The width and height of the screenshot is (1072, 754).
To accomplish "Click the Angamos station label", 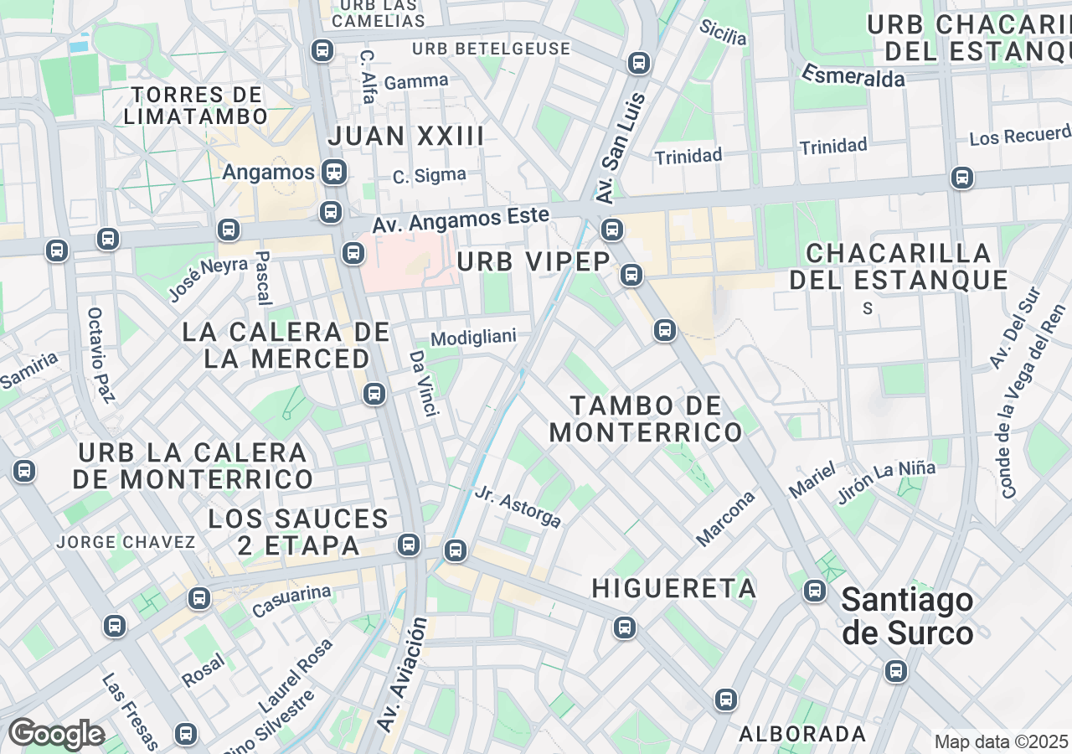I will pyautogui.click(x=268, y=173).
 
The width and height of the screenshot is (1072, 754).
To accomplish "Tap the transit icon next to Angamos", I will pyautogui.click(x=334, y=173).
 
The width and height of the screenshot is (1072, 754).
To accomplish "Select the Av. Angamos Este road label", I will pyautogui.click(x=461, y=220).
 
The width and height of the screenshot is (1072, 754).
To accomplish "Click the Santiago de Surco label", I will pyautogui.click(x=907, y=617).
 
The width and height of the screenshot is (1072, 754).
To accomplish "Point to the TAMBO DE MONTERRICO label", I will pyautogui.click(x=646, y=419).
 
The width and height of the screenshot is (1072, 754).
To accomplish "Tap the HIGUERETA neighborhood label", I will pyautogui.click(x=674, y=588).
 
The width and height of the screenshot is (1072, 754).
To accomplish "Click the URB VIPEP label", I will pyautogui.click(x=533, y=262).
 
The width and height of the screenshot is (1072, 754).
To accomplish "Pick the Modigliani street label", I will pyautogui.click(x=473, y=338).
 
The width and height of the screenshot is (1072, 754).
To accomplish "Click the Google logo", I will pyautogui.click(x=56, y=734).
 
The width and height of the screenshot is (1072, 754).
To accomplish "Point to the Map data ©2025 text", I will pyautogui.click(x=1001, y=741).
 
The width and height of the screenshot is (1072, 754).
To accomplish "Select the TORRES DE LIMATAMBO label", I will pyautogui.click(x=195, y=106).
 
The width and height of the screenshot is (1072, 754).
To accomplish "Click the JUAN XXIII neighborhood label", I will pyautogui.click(x=406, y=136).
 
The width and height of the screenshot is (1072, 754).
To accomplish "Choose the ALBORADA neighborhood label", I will pyautogui.click(x=802, y=734).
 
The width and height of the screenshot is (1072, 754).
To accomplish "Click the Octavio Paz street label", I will pyautogui.click(x=100, y=354).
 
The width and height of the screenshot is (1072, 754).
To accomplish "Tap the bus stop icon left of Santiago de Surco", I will pyautogui.click(x=814, y=591).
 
